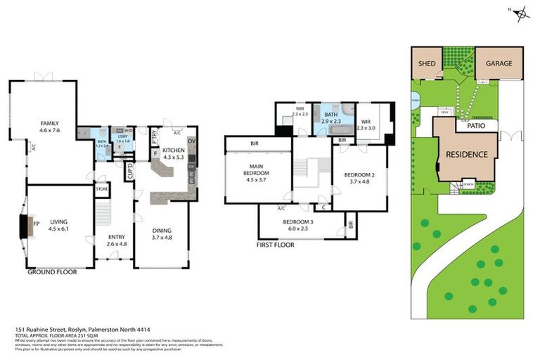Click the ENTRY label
point(117,238)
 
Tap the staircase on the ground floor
point(103,211)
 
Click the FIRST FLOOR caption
point(275,245)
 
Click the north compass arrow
point(521,12)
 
